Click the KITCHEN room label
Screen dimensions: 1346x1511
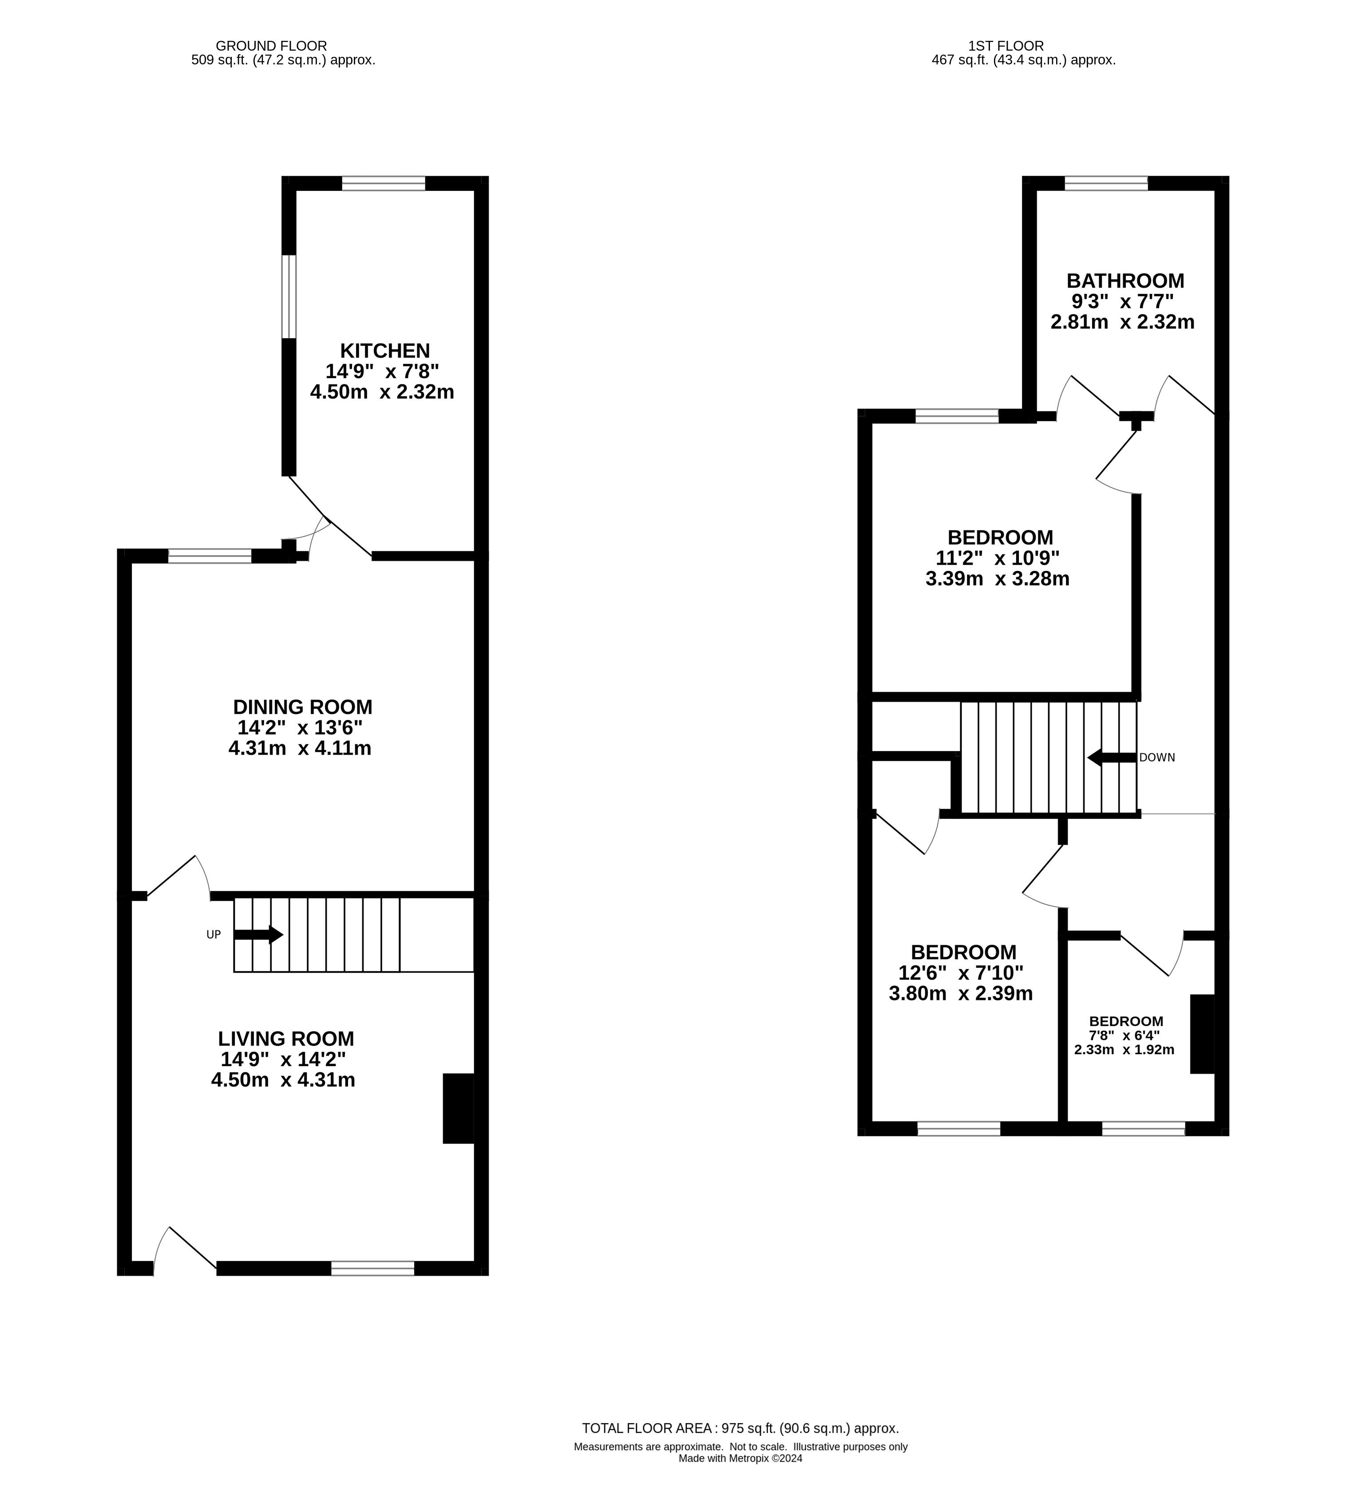coord(384,351)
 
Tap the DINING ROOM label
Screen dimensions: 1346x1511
coord(302,707)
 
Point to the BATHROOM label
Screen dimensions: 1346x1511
coord(1125,281)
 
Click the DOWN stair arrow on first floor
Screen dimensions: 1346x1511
coord(1111,757)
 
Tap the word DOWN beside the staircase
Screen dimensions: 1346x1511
coord(1157,757)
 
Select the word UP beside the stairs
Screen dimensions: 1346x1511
coord(213,935)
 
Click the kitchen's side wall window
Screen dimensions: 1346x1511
coord(289,297)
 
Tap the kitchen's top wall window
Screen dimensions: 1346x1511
coord(384,183)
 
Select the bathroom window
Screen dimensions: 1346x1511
coord(1106,183)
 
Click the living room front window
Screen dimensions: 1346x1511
coord(373,1268)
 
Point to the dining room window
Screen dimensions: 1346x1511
coord(210,556)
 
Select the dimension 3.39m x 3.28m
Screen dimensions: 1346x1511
coord(998,578)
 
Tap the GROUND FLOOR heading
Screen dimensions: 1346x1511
coord(271,46)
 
